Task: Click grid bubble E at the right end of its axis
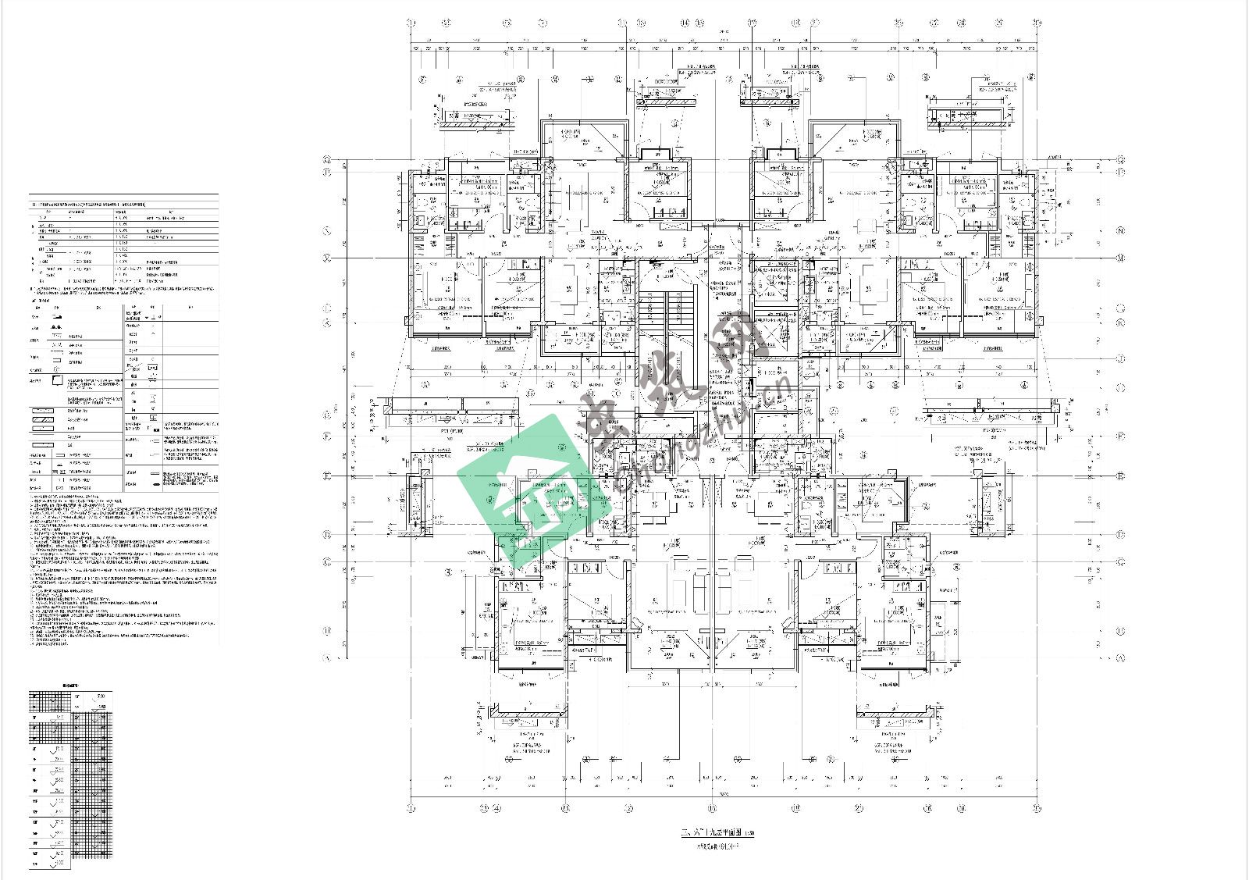[1121, 476]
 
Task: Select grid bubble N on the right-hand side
[1121, 231]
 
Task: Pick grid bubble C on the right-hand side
[1121, 561]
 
